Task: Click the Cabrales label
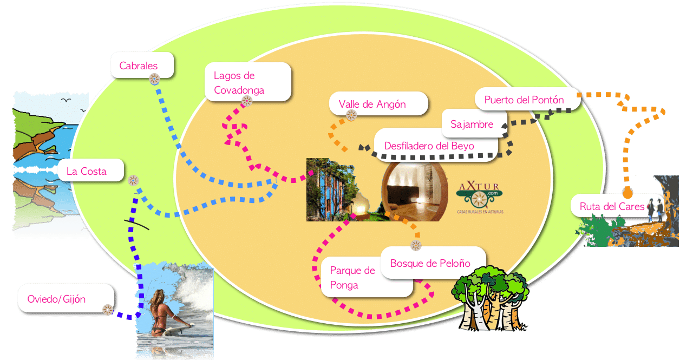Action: click(x=139, y=66)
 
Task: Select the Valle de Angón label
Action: click(x=372, y=104)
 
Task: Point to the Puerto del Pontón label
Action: click(x=524, y=100)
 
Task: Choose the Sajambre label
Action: click(x=472, y=124)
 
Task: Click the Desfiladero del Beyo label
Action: click(x=429, y=146)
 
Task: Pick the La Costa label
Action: click(x=87, y=172)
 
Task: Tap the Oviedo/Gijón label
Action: click(x=57, y=299)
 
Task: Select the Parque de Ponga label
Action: click(x=352, y=278)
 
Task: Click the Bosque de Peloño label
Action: click(x=430, y=264)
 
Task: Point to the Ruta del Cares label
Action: click(x=612, y=206)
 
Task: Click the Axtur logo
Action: click(x=480, y=198)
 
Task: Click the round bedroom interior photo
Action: click(x=415, y=189)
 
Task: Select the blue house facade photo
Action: click(x=330, y=189)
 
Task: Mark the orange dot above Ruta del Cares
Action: click(x=627, y=193)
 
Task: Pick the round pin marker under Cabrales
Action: click(x=154, y=79)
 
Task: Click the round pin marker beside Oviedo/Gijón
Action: click(x=108, y=310)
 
